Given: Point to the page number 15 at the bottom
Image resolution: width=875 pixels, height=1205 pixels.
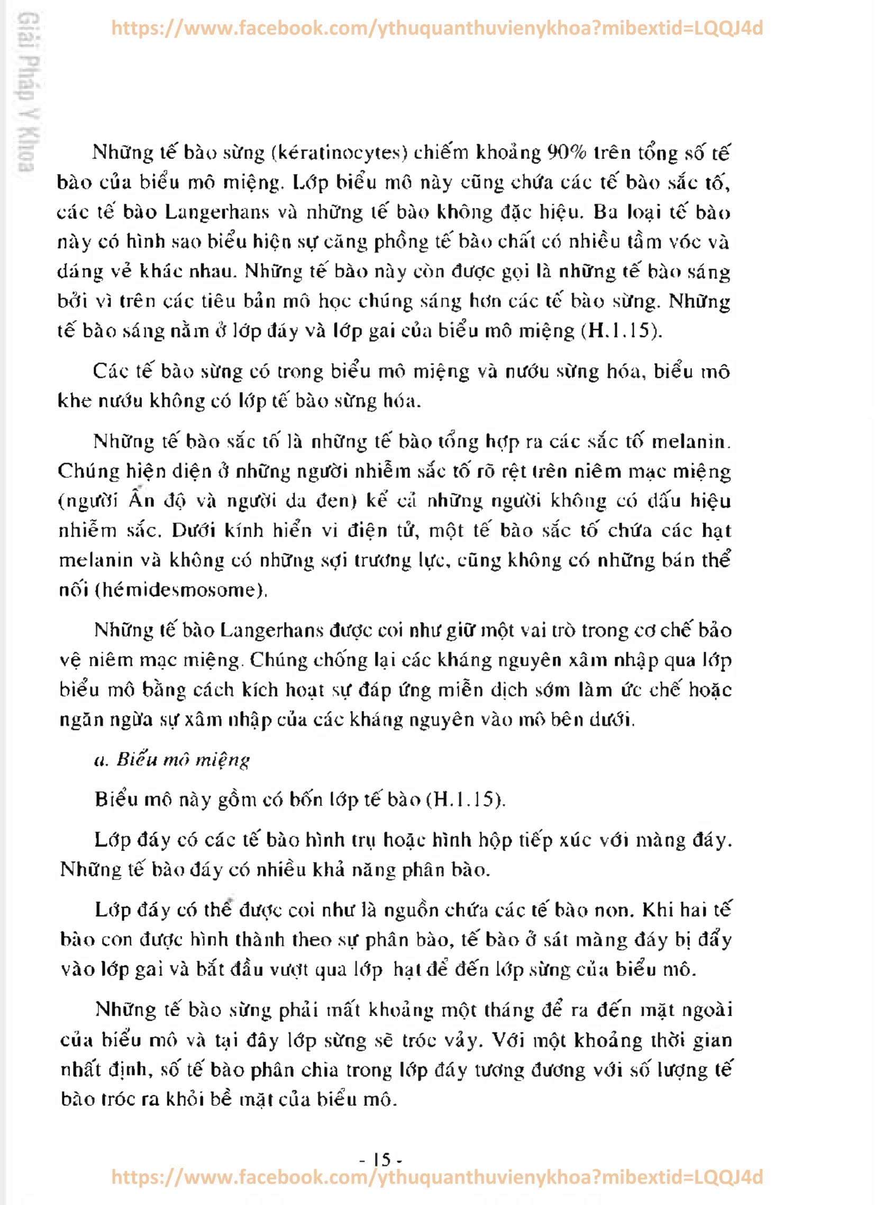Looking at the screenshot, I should (x=382, y=1159).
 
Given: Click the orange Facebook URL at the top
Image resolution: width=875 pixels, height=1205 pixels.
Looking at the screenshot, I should (x=436, y=28).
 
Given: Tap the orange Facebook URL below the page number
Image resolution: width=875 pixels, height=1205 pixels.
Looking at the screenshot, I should (x=436, y=1177).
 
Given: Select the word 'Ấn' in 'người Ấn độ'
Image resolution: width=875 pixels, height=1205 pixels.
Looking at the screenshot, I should (x=141, y=500).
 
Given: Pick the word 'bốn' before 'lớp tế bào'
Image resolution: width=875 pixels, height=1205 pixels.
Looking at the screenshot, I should (x=305, y=800).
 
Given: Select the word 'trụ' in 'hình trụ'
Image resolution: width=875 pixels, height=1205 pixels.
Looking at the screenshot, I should (x=364, y=840).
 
